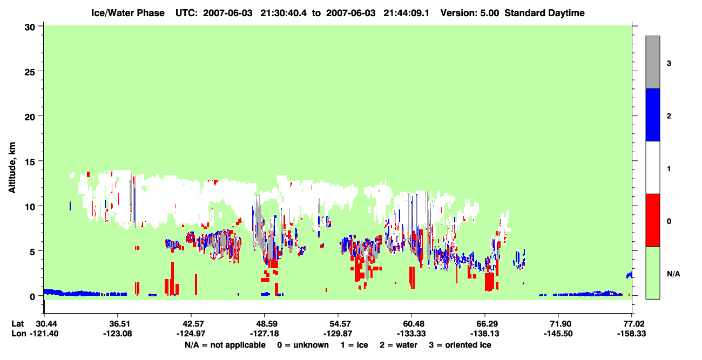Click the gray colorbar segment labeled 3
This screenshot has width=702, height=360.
tap(652, 62)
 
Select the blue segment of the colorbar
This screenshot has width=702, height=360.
tap(652, 114)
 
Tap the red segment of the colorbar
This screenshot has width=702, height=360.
tap(652, 220)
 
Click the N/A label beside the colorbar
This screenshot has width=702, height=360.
tap(673, 274)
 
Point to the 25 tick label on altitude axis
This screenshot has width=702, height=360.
tap(30, 72)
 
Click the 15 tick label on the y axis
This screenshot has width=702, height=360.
tap(30, 162)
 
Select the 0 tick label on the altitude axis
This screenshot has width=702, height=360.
tap(32, 297)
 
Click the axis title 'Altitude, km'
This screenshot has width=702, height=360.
tap(12, 167)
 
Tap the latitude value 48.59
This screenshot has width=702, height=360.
tap(265, 324)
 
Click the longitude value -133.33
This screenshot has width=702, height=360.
tap(411, 334)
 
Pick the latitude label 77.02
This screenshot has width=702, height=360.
tap(632, 324)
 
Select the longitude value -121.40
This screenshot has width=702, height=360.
tap(44, 334)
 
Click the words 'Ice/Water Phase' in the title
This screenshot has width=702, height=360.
tap(128, 13)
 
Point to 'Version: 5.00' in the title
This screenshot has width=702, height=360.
tap(470, 13)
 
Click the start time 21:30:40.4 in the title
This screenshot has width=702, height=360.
tap(283, 13)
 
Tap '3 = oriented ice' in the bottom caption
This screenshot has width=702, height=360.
tap(460, 345)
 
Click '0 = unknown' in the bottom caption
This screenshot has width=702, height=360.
tap(303, 345)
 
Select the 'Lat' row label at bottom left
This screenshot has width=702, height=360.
tap(18, 324)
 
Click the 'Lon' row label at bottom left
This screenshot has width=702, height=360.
tap(19, 334)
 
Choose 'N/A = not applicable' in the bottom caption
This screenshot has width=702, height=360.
tap(225, 345)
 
